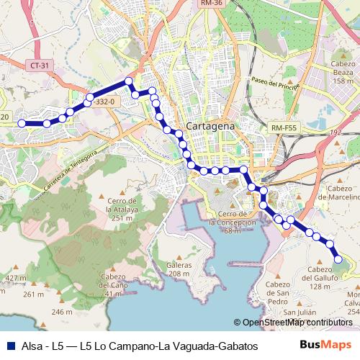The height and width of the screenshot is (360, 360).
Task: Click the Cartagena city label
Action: (210, 126)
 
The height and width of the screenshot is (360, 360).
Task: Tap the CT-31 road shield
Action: (40, 66)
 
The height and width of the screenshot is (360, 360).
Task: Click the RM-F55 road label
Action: (284, 127)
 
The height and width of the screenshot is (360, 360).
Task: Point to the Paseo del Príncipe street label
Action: (275, 83)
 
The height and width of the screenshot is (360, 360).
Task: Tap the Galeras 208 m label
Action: (178, 269)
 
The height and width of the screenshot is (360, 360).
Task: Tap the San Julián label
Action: (298, 312)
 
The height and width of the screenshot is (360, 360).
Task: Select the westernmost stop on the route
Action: (22, 123)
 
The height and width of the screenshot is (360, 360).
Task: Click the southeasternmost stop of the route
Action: (338, 259)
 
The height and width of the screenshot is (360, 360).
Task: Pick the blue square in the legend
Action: (10, 346)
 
